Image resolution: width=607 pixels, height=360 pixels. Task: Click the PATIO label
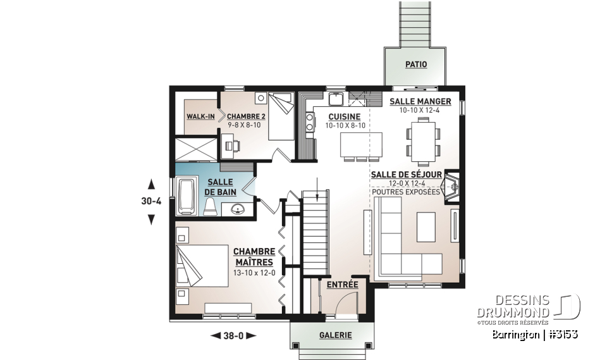click(415, 65)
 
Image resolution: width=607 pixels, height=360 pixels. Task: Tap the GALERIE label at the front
click(335, 335)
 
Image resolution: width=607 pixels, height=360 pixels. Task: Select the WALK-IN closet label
click(201, 116)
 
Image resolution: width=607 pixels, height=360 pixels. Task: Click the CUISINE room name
click(344, 116)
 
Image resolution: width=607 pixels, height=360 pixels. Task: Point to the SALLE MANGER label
click(420, 101)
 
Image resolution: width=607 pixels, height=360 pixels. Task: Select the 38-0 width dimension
click(232, 335)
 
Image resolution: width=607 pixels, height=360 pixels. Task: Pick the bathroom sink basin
click(238, 209)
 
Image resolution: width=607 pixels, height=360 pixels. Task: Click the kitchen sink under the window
click(335, 99)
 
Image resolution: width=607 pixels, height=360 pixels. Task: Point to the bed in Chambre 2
click(280, 115)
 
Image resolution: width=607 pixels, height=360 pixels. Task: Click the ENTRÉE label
click(342, 285)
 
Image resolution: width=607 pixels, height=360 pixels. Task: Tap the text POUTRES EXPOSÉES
click(405, 192)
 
